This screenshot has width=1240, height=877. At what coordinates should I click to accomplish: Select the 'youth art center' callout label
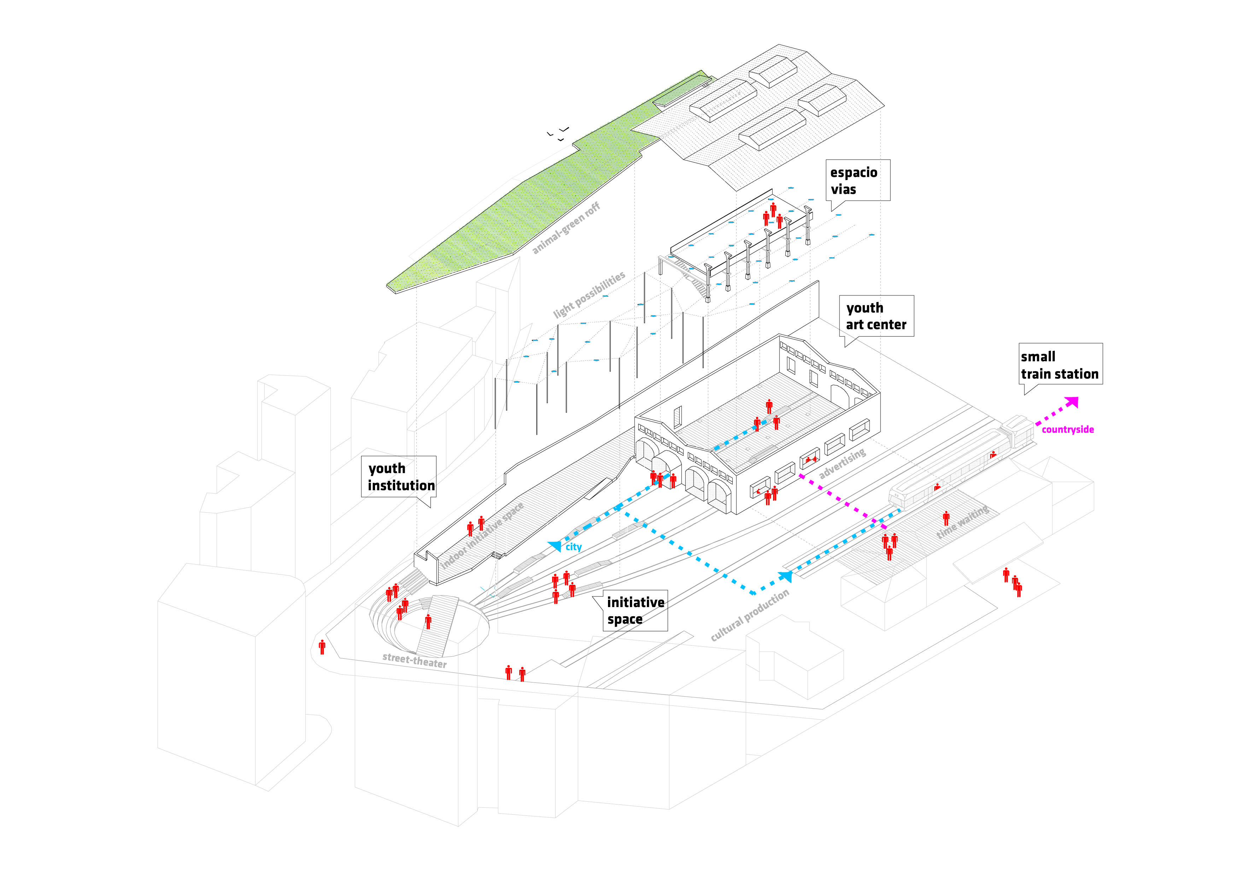pos(876,316)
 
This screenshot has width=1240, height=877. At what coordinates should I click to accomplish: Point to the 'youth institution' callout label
pos(399,477)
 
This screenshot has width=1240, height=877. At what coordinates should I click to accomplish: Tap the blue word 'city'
pos(574,547)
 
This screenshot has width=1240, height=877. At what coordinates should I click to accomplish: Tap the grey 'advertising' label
pos(842,463)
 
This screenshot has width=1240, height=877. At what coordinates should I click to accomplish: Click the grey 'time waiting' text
pos(963,521)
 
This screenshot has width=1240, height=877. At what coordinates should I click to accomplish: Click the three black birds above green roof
pos(558,133)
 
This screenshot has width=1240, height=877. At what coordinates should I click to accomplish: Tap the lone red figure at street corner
pos(322,646)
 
